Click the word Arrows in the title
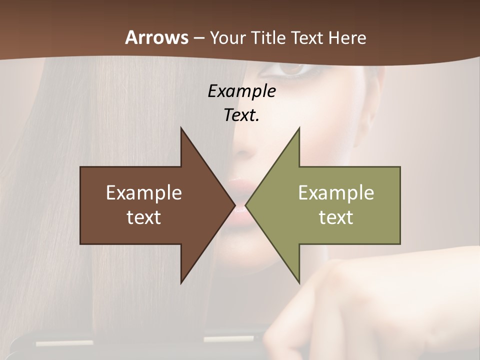click(x=156, y=37)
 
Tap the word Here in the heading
click(x=347, y=37)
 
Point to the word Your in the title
click(x=228, y=37)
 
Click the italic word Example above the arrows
click(x=241, y=91)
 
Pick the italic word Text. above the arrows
click(x=241, y=115)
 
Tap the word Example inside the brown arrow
click(x=144, y=192)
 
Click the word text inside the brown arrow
click(x=144, y=217)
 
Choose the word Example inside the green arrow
click(x=336, y=192)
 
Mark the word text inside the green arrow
click(x=336, y=217)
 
